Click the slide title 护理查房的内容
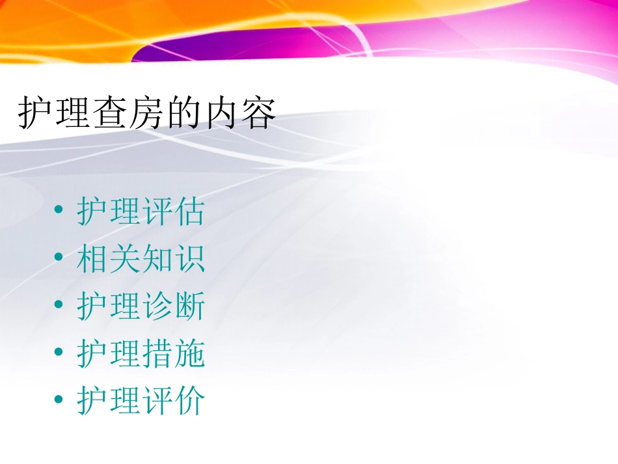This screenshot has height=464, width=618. [x=147, y=115]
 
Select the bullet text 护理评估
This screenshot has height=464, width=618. [x=141, y=212]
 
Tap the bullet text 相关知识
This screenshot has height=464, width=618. [x=141, y=259]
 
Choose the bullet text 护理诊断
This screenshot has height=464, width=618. [x=141, y=307]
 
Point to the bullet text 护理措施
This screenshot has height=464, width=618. [x=141, y=354]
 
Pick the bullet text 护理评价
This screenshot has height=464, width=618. [x=141, y=401]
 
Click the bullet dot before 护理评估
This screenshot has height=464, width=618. [x=60, y=211]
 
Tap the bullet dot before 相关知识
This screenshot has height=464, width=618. [x=60, y=258]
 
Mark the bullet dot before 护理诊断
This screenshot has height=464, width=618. [x=60, y=305]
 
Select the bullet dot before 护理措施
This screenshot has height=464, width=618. [x=60, y=353]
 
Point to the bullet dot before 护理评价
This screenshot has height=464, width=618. [x=60, y=400]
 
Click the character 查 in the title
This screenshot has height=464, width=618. [x=107, y=115]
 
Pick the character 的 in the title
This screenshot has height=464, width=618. [x=183, y=115]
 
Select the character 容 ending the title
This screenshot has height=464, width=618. [x=258, y=115]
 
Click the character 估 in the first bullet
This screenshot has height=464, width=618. [x=189, y=212]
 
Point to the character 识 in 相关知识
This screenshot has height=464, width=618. [x=189, y=259]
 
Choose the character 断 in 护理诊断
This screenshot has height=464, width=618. [x=189, y=307]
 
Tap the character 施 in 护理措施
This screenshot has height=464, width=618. [x=189, y=354]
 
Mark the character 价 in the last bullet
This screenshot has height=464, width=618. [x=189, y=401]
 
